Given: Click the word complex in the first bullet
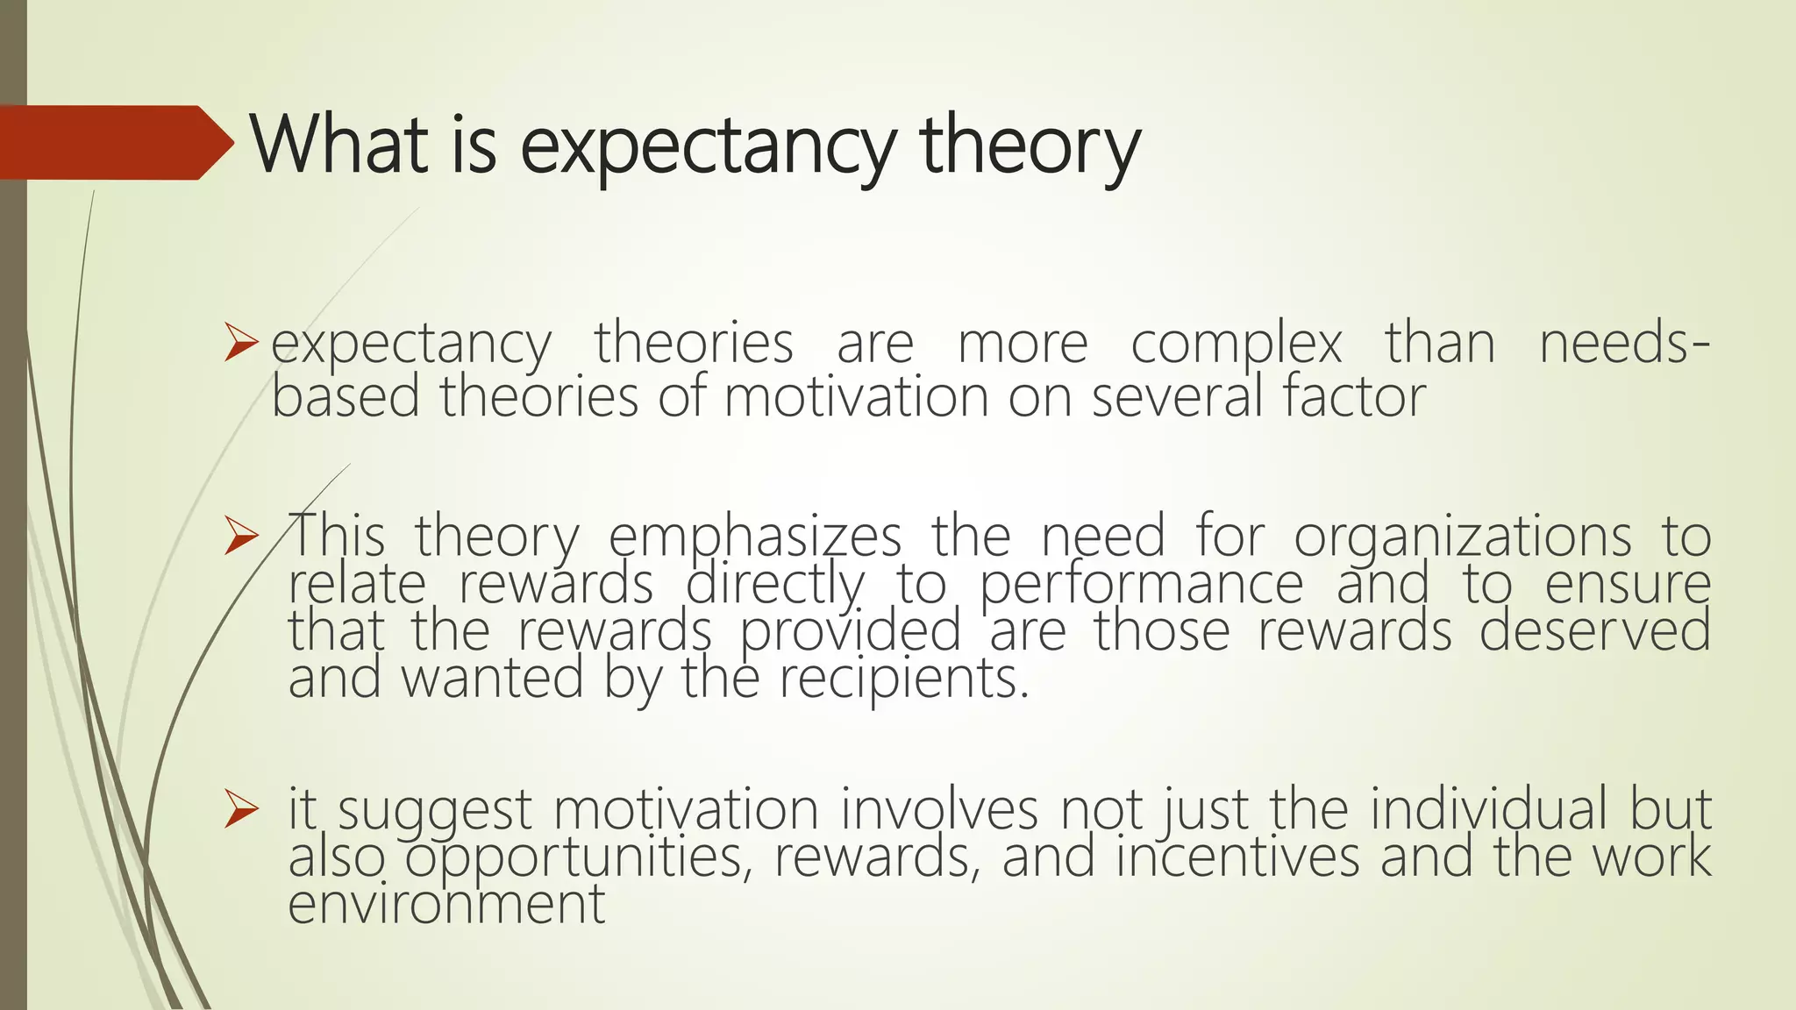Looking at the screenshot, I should (x=1236, y=345).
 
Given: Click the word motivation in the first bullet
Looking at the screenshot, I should (x=855, y=396).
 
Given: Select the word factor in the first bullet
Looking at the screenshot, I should (x=1355, y=396).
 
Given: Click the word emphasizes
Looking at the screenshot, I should (x=754, y=537).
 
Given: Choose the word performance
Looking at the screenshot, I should (x=1141, y=586).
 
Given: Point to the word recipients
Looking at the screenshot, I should (x=903, y=680).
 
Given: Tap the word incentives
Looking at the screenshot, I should (x=1237, y=857).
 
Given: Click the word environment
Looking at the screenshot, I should (x=446, y=904).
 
